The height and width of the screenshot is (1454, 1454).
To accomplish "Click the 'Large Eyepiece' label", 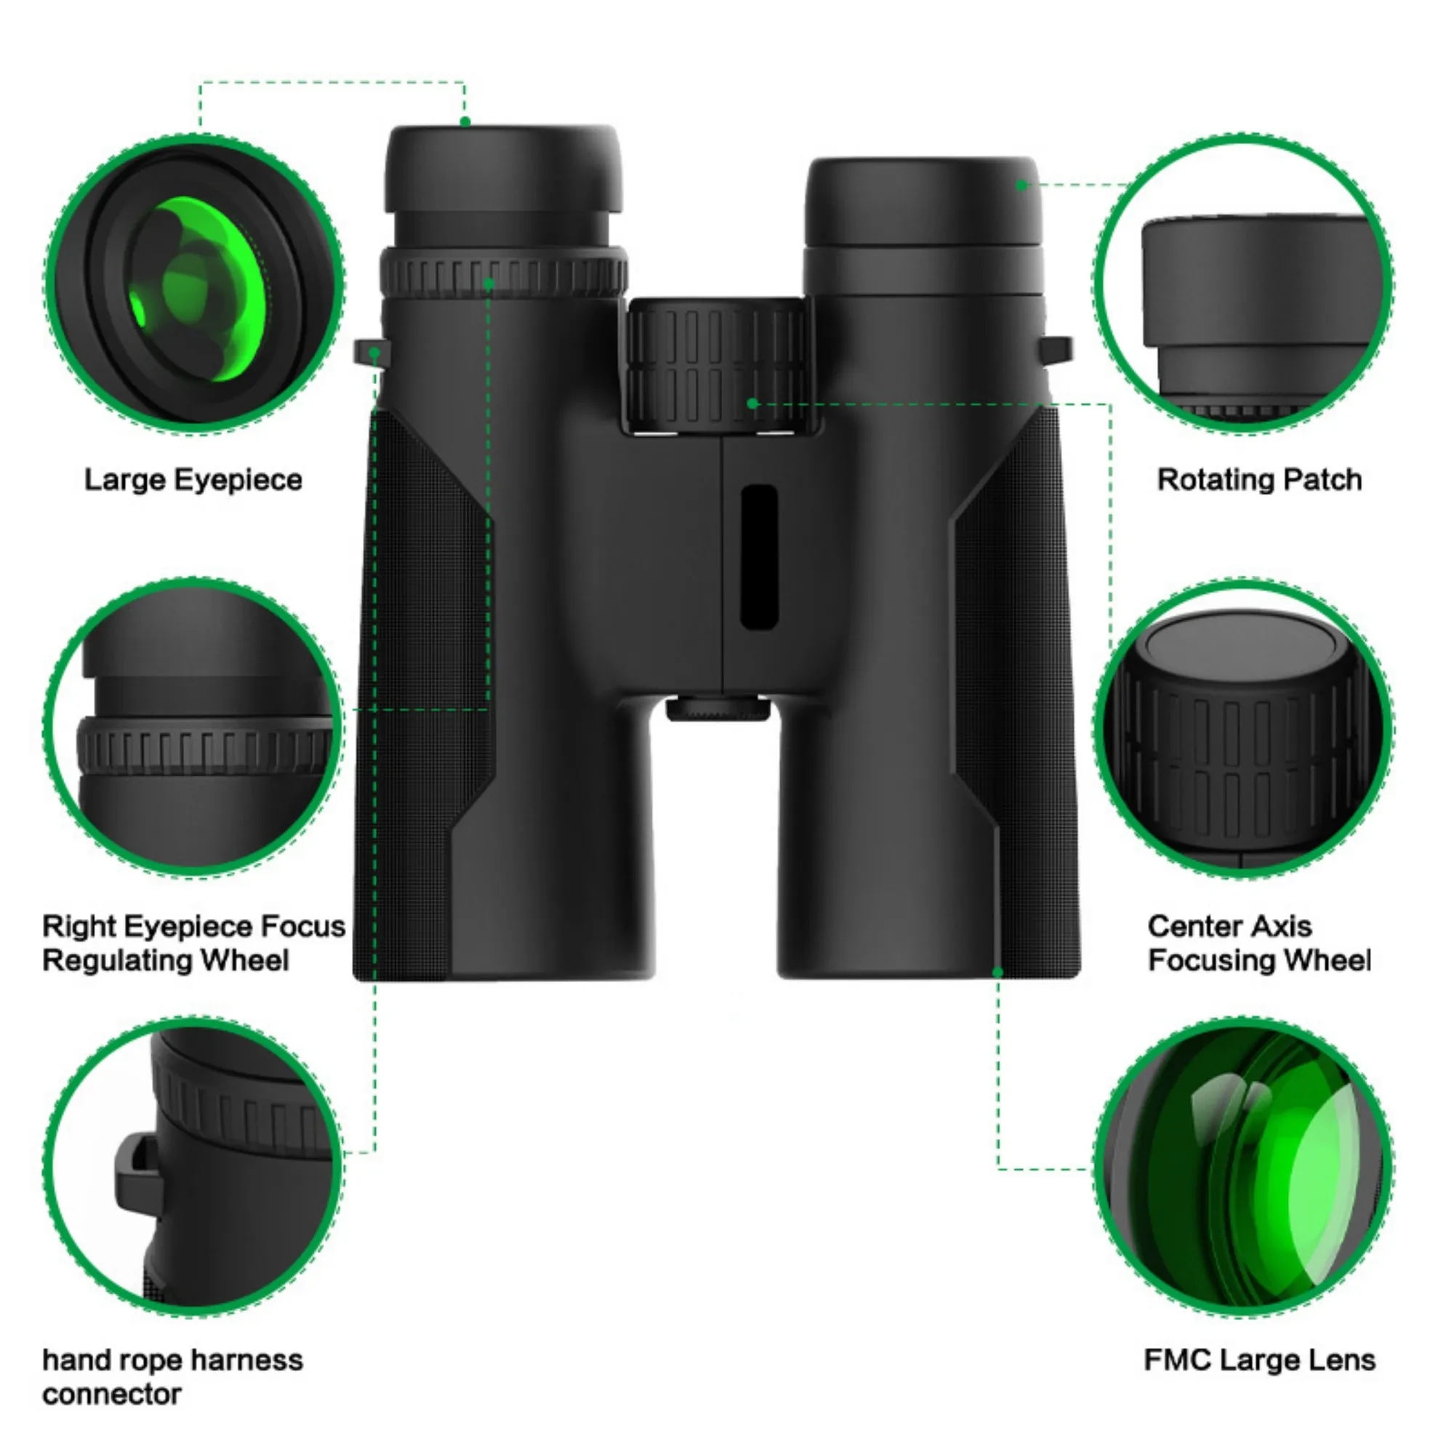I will [x=193, y=480].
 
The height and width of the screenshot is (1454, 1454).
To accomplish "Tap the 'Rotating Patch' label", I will [x=1259, y=480].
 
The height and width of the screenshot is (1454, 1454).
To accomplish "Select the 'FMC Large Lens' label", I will [x=1259, y=1360].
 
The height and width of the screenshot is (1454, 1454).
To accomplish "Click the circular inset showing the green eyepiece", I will [x=194, y=284].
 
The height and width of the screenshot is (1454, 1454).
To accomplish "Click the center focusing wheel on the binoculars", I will [x=717, y=365].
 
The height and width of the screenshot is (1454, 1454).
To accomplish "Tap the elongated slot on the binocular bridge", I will [x=758, y=557].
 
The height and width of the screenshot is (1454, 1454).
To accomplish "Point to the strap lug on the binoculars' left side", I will [x=371, y=351].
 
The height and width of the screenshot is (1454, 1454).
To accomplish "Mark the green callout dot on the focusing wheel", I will [x=752, y=403].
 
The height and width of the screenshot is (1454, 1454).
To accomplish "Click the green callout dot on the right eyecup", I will [x=1021, y=185].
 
